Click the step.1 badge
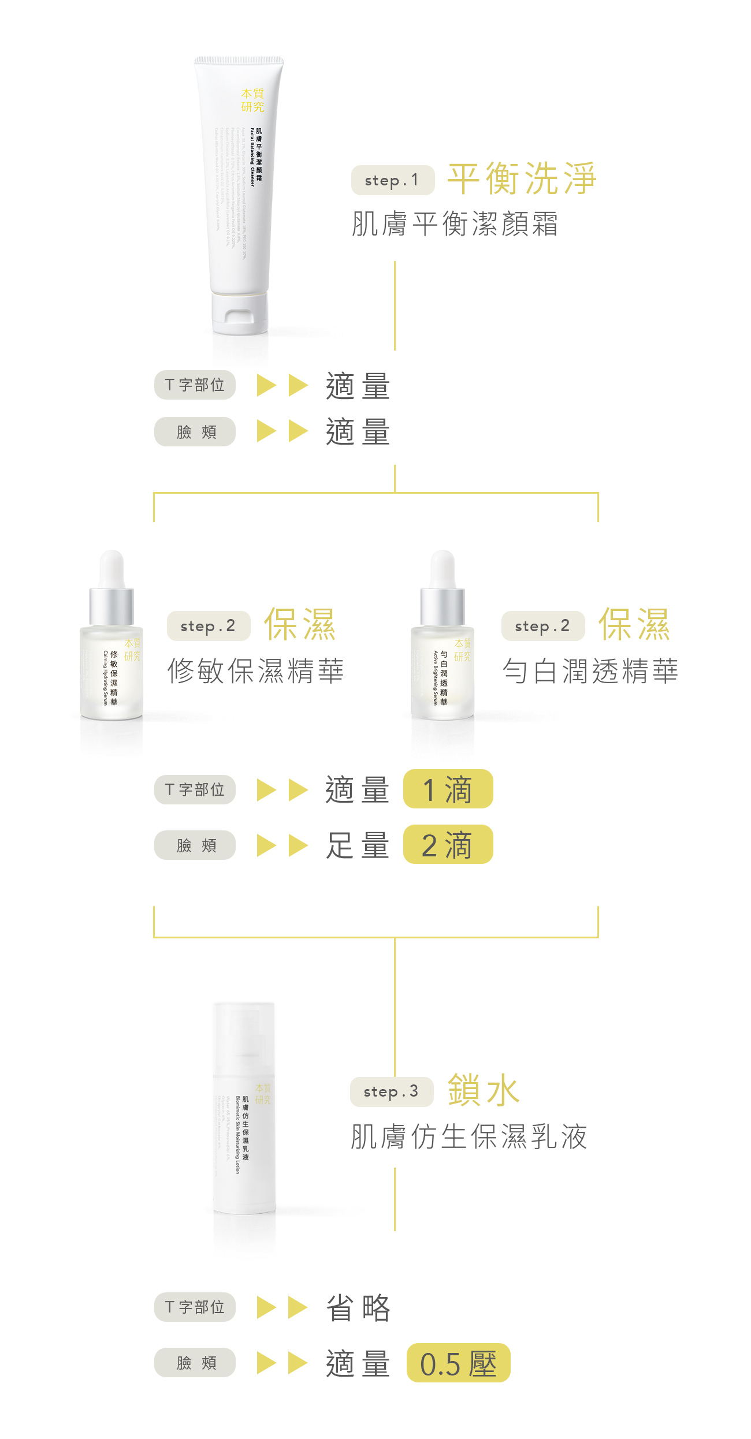click(x=392, y=180)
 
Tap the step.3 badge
click(x=391, y=1091)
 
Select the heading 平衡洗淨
click(x=522, y=178)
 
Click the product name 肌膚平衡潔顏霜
click(x=455, y=224)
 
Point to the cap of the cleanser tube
click(x=239, y=315)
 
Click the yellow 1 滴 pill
click(x=448, y=789)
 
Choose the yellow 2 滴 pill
click(x=448, y=845)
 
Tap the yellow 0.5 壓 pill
click(x=458, y=1363)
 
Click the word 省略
click(x=358, y=1308)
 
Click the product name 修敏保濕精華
click(x=255, y=671)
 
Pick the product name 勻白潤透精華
click(x=590, y=671)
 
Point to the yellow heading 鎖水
click(x=484, y=1090)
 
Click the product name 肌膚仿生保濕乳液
click(x=469, y=1136)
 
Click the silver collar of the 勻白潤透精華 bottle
click(x=443, y=606)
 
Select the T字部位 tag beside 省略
click(x=195, y=1307)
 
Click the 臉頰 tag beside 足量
click(x=195, y=845)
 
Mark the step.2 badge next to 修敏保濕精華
click(x=209, y=626)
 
